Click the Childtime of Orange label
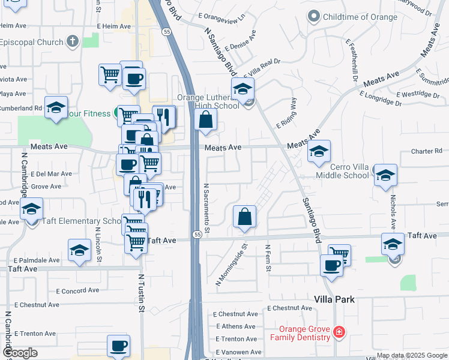(x=360, y=17)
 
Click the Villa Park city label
(x=334, y=299)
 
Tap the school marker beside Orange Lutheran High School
(x=243, y=90)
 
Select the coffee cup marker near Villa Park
(x=331, y=265)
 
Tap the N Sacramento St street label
(x=206, y=208)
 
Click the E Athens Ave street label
(x=235, y=326)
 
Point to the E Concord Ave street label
(x=77, y=291)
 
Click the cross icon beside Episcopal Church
(x=72, y=42)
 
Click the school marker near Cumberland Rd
(x=56, y=108)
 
